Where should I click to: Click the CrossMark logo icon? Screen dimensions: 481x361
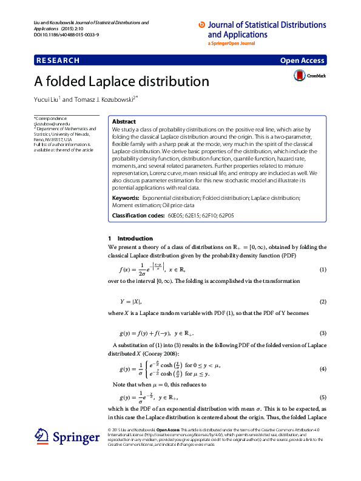point(299,76)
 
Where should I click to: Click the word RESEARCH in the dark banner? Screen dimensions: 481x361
point(58,61)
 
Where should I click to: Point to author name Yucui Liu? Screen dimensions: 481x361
point(46,99)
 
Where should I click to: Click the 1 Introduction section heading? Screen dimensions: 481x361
point(130,238)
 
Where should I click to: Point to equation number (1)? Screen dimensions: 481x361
point(323,269)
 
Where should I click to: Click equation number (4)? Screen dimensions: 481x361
point(323,369)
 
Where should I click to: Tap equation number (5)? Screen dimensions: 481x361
point(323,397)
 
